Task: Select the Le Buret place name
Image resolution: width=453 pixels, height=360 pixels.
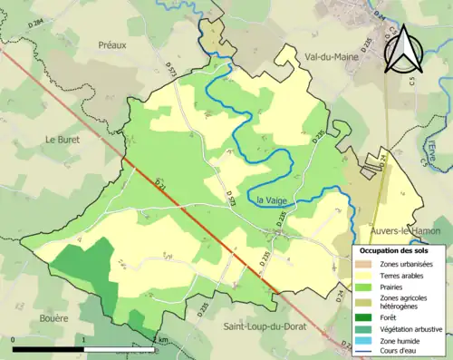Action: click(x=63, y=139)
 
